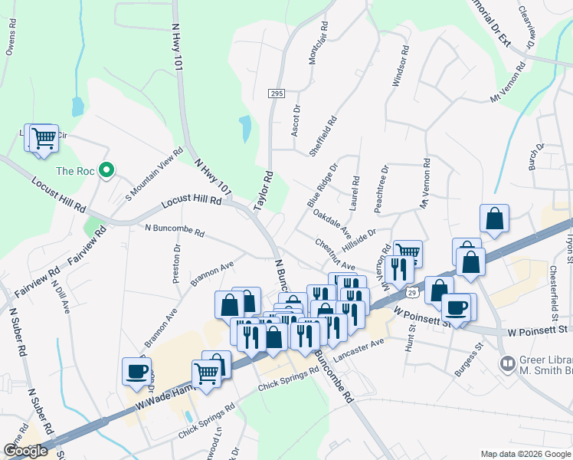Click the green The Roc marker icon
(x=108, y=170)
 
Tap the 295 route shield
(x=277, y=94)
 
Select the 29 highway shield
(x=412, y=293)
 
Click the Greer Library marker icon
(x=506, y=363)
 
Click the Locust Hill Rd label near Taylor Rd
(x=192, y=202)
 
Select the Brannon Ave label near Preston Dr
(x=212, y=274)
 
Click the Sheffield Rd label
(x=323, y=136)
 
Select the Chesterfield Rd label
(x=553, y=294)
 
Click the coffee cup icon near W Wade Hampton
(x=137, y=371)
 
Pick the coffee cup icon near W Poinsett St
(x=456, y=307)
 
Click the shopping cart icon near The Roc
(x=43, y=138)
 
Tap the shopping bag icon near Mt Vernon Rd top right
(x=494, y=218)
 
